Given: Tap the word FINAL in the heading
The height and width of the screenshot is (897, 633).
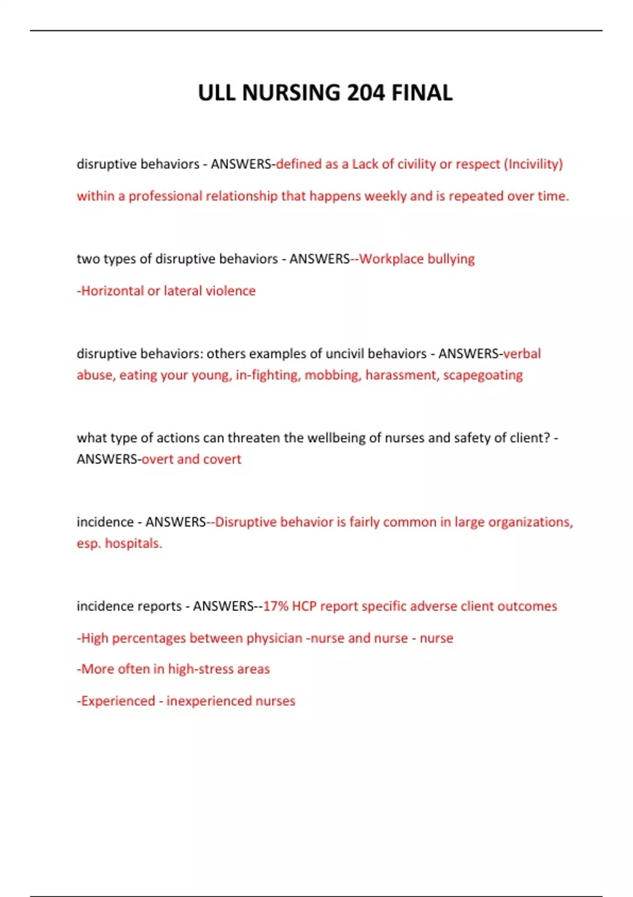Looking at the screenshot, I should tap(421, 93).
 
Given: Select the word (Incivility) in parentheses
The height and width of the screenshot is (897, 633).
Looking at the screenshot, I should tap(533, 164).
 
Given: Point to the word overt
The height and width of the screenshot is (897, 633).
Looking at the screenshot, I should tap(157, 459).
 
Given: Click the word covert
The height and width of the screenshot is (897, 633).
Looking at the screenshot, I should tap(222, 459).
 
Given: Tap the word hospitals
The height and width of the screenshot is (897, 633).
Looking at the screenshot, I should tap(133, 543).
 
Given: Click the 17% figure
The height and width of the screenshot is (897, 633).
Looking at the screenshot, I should tap(275, 606).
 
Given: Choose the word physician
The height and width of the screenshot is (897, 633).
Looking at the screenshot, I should tap(274, 638).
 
